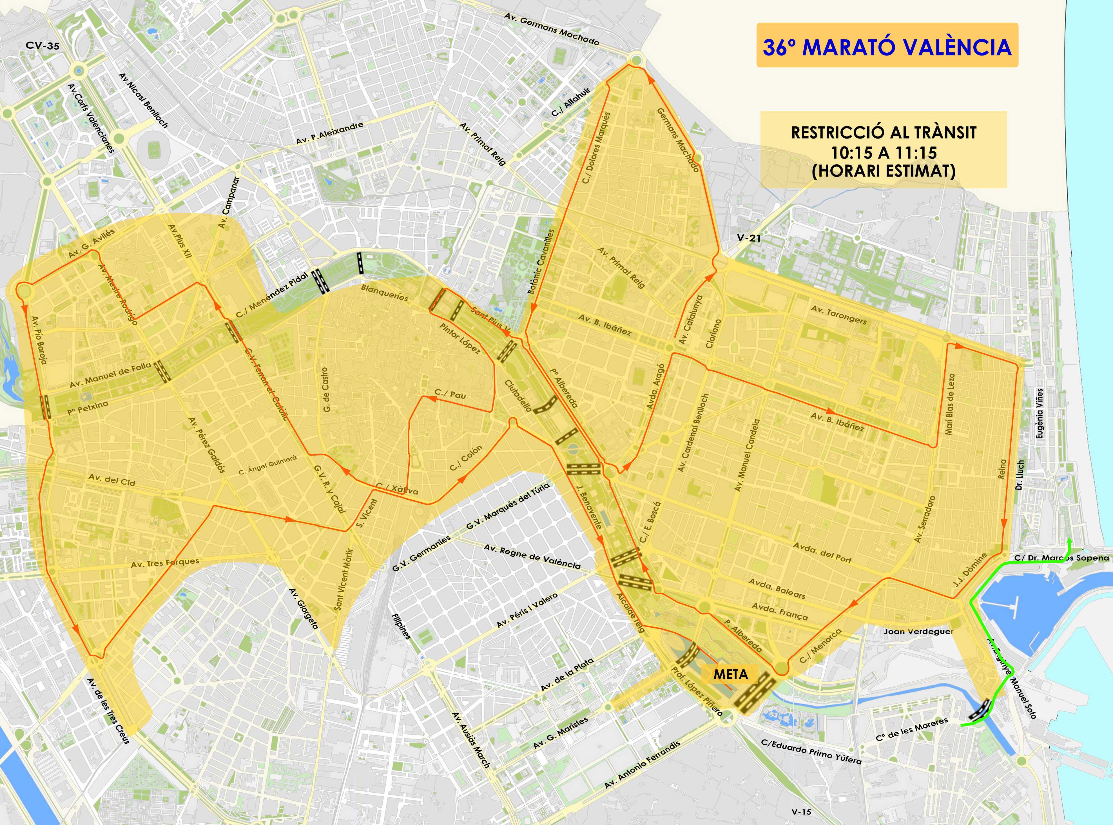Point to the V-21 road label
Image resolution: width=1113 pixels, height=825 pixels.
pyautogui.click(x=749, y=238)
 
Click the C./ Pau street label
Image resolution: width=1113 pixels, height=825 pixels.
pyautogui.click(x=450, y=394)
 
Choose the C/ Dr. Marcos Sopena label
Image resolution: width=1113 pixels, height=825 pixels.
pyautogui.click(x=1061, y=558)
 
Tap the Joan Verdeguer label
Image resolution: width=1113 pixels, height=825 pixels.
pyautogui.click(x=919, y=631)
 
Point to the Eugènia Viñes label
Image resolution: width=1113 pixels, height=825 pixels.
pyautogui.click(x=1040, y=414)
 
